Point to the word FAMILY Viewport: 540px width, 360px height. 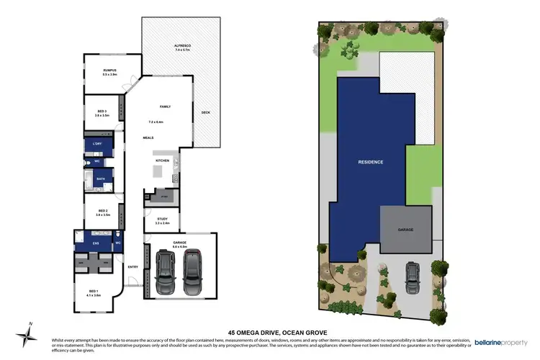tap(165, 106)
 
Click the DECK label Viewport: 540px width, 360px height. tap(206, 112)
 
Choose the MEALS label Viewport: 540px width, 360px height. tap(148, 137)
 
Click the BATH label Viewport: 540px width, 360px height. tap(91, 178)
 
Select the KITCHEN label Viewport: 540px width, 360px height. tap(163, 160)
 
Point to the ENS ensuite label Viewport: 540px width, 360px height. tap(95, 243)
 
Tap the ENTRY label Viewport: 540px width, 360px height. tap(132, 267)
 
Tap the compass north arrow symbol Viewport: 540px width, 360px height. tap(27, 333)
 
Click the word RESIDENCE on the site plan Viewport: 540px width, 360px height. tap(371, 162)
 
